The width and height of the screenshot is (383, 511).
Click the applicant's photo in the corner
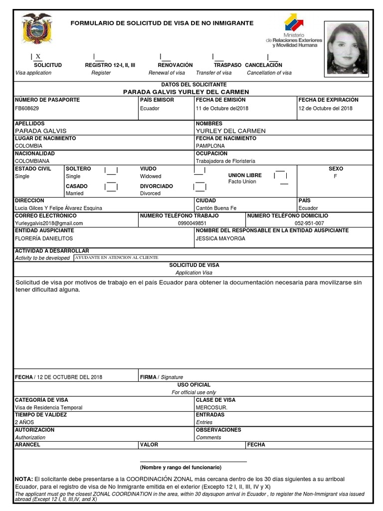click(347, 48)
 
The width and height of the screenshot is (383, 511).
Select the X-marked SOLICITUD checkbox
click(38, 56)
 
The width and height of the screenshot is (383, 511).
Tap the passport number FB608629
click(27, 108)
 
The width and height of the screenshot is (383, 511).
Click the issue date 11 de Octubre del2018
click(222, 108)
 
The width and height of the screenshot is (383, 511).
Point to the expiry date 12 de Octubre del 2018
click(325, 108)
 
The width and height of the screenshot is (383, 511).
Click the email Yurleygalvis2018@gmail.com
click(49, 224)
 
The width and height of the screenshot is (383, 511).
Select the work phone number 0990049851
click(192, 224)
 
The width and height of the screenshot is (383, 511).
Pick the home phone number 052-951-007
click(309, 224)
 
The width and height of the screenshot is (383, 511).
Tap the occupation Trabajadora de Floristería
click(225, 161)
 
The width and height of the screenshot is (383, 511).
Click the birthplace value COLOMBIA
click(28, 146)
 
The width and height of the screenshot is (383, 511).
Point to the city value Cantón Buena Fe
click(216, 208)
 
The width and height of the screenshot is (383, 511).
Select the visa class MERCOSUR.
click(211, 407)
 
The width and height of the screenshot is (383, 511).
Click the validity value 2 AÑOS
click(24, 422)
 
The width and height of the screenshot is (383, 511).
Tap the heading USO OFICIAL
click(194, 385)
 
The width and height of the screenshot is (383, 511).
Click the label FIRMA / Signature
click(162, 377)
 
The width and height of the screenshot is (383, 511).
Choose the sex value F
click(336, 177)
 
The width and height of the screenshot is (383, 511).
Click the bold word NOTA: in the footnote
click(24, 479)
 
